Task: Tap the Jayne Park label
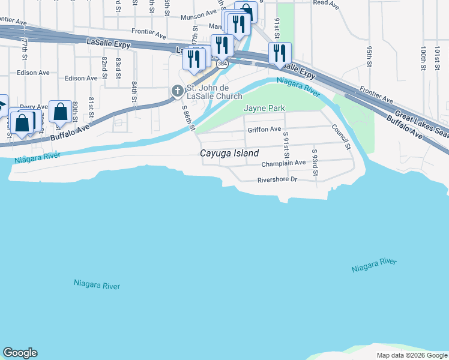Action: point(264,108)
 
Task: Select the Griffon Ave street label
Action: point(264,129)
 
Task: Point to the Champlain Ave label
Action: point(283,163)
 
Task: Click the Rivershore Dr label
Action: point(277,179)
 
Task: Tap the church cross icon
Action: point(177,91)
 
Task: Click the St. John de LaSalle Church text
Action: point(214,92)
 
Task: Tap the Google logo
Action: point(20,353)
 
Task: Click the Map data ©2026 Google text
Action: point(411,355)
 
